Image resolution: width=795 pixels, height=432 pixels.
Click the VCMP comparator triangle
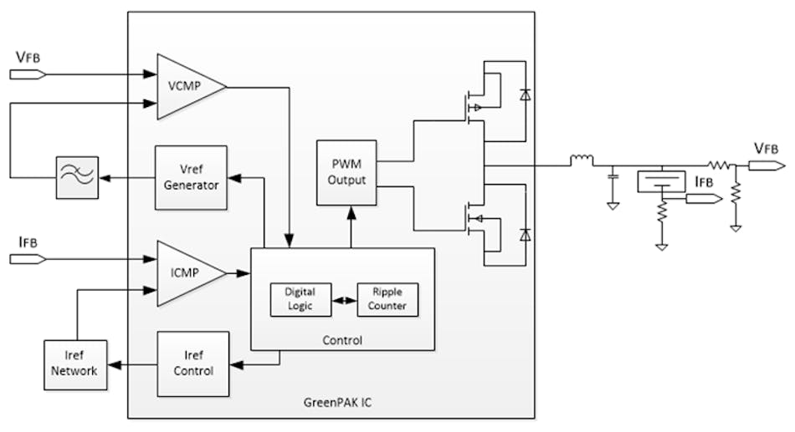coord(186,87)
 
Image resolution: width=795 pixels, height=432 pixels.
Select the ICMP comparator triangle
coord(186,273)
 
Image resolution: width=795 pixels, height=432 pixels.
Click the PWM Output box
coord(346,172)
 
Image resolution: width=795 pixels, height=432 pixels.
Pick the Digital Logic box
coord(300,299)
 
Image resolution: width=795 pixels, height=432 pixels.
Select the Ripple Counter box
coord(387,299)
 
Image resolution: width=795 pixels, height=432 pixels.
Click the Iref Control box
coord(192,363)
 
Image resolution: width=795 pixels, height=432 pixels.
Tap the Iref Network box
coord(75,364)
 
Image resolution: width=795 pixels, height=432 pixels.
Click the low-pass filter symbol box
coord(76,177)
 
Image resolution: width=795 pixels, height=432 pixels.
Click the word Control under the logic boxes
coord(343,340)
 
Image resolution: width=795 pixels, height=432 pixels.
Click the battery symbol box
coord(661,181)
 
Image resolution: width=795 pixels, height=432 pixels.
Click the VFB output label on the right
coord(765,149)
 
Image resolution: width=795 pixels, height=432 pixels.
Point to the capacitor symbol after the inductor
coord(613,178)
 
